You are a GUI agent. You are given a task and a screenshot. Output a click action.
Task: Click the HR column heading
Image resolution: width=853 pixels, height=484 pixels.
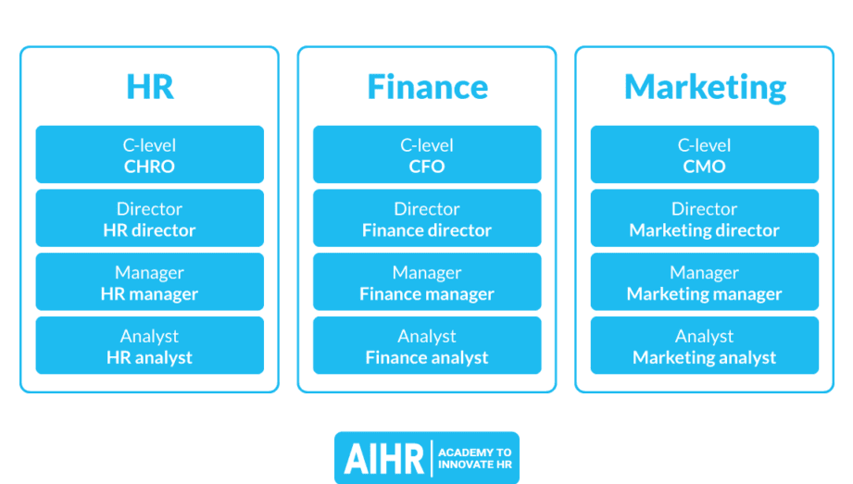(x=150, y=87)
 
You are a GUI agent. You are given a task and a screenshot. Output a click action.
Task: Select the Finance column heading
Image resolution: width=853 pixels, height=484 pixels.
(x=428, y=87)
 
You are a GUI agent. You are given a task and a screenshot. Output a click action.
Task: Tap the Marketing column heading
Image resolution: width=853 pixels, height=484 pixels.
(x=705, y=88)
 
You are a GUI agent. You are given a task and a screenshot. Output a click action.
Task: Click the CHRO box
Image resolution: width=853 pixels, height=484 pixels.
(x=150, y=155)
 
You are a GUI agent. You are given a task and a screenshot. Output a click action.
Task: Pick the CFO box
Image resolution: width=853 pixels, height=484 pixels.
(x=427, y=155)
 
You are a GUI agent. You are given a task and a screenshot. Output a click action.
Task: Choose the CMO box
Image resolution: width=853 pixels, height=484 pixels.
(x=705, y=155)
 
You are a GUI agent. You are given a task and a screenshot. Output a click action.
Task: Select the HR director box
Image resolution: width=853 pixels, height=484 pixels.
(x=150, y=218)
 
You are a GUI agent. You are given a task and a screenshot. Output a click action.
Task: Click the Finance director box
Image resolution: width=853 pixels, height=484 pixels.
(x=427, y=218)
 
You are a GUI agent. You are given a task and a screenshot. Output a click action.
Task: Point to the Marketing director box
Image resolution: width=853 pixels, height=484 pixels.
(x=705, y=218)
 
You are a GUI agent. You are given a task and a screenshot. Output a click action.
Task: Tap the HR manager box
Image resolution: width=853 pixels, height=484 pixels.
(x=150, y=281)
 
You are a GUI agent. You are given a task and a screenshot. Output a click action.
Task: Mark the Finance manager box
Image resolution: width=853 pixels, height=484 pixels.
(x=427, y=281)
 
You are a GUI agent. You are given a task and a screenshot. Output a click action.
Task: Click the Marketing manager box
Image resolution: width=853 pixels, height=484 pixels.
(x=705, y=281)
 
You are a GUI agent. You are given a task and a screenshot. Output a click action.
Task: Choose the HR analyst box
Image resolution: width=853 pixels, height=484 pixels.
(x=150, y=345)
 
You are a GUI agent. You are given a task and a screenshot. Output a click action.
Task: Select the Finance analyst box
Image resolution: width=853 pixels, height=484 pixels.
(x=427, y=345)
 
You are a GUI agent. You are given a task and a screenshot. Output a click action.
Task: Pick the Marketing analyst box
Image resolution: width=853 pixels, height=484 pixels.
(x=705, y=345)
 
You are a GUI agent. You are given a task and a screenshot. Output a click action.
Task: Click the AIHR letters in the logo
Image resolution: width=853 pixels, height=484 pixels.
(x=384, y=459)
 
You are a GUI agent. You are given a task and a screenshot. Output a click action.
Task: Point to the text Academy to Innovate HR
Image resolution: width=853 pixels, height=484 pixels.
(x=475, y=458)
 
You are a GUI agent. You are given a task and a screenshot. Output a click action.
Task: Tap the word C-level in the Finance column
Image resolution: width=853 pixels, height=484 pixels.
(x=427, y=145)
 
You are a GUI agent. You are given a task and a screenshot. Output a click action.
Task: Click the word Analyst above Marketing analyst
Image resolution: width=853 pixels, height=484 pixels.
(x=705, y=337)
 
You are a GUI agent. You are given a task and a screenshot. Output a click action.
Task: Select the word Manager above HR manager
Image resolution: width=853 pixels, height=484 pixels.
(x=150, y=272)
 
